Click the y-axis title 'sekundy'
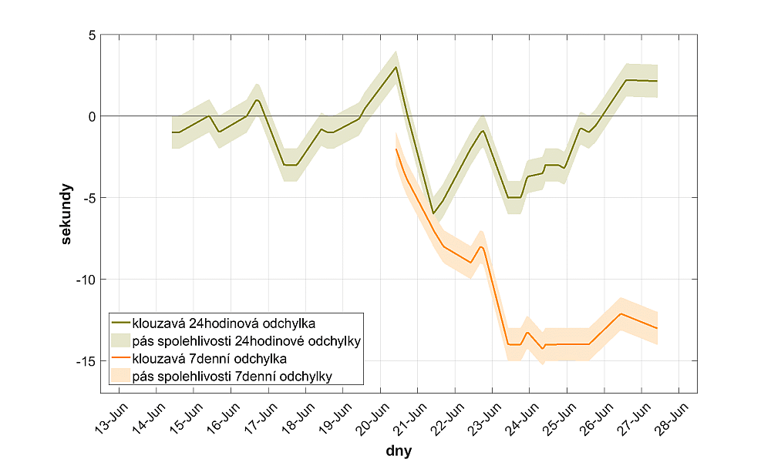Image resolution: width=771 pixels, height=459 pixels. pyautogui.click(x=68, y=213)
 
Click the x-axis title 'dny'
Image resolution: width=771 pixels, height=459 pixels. pyautogui.click(x=399, y=450)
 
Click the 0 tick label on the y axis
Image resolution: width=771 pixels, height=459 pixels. pyautogui.click(x=91, y=116)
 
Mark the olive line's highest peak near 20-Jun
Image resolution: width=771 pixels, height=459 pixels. pyautogui.click(x=396, y=67)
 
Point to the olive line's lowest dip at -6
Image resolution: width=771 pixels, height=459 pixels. pyautogui.click(x=433, y=213)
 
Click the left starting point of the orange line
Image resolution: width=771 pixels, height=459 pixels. pyautogui.click(x=396, y=149)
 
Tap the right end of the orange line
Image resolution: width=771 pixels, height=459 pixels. pyautogui.click(x=657, y=328)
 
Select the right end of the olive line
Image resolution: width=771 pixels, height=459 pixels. pyautogui.click(x=657, y=81)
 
